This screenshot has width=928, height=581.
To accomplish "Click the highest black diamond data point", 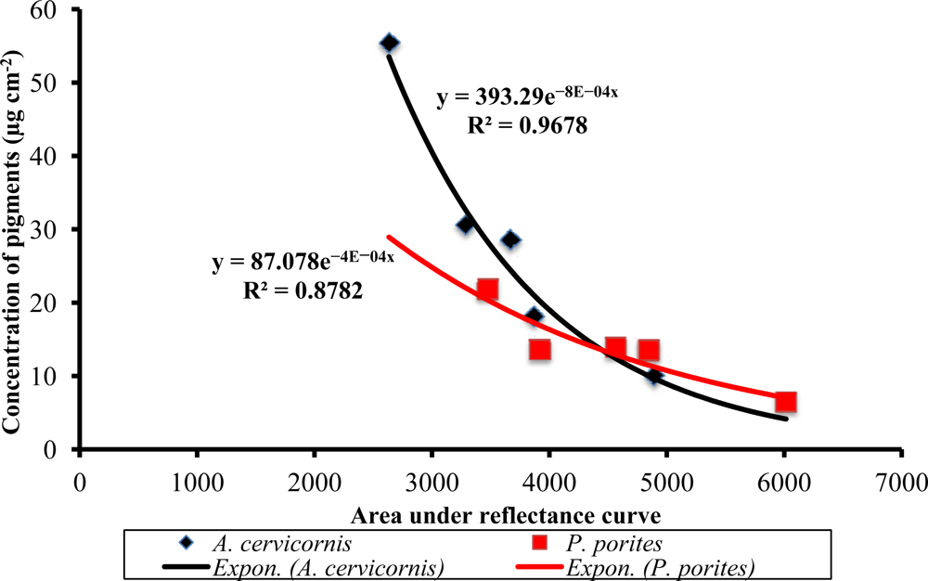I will click(390, 43).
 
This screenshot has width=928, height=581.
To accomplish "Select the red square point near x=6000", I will click(786, 402).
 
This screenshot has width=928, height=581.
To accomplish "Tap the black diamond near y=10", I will click(654, 376).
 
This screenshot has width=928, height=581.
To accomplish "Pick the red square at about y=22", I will click(487, 290).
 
